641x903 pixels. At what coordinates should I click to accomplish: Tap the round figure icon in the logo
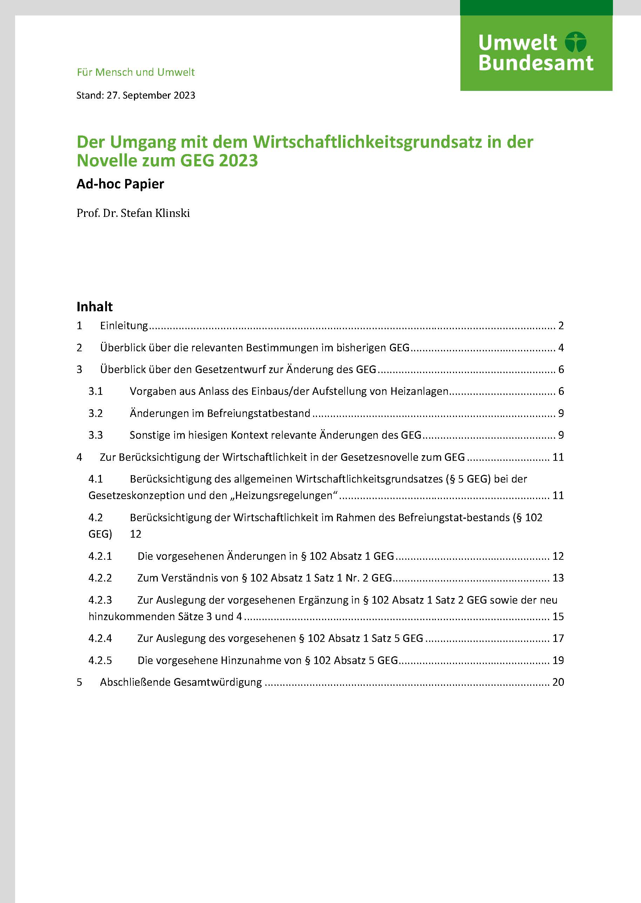[x=575, y=42]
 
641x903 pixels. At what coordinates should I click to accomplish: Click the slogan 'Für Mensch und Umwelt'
[x=136, y=72]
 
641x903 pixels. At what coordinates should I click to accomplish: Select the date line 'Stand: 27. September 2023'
[x=136, y=95]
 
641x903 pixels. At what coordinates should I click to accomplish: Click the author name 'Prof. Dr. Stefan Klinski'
[x=133, y=213]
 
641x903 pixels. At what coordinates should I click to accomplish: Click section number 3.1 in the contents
[x=95, y=391]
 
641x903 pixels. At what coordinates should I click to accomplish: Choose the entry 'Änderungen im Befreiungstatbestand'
[x=220, y=413]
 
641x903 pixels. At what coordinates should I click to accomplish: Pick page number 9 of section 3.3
[x=561, y=435]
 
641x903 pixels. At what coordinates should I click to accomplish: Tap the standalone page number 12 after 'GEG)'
[x=135, y=534]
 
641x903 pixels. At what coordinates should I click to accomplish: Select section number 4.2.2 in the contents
[x=100, y=578]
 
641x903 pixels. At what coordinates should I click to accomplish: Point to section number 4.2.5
[x=100, y=660]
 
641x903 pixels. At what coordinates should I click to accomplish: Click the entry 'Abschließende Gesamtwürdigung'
[x=181, y=682]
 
